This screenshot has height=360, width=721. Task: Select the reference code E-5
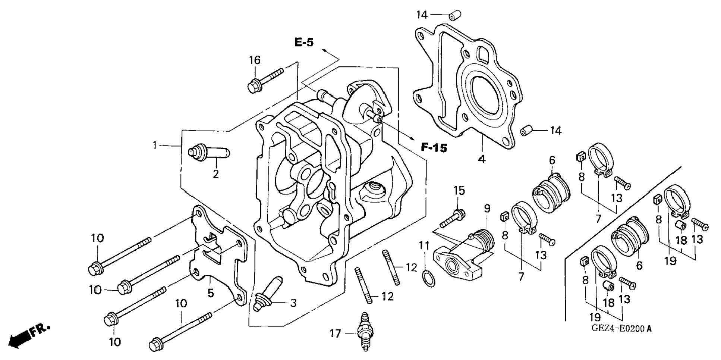304,43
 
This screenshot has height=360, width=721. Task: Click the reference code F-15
434,148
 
